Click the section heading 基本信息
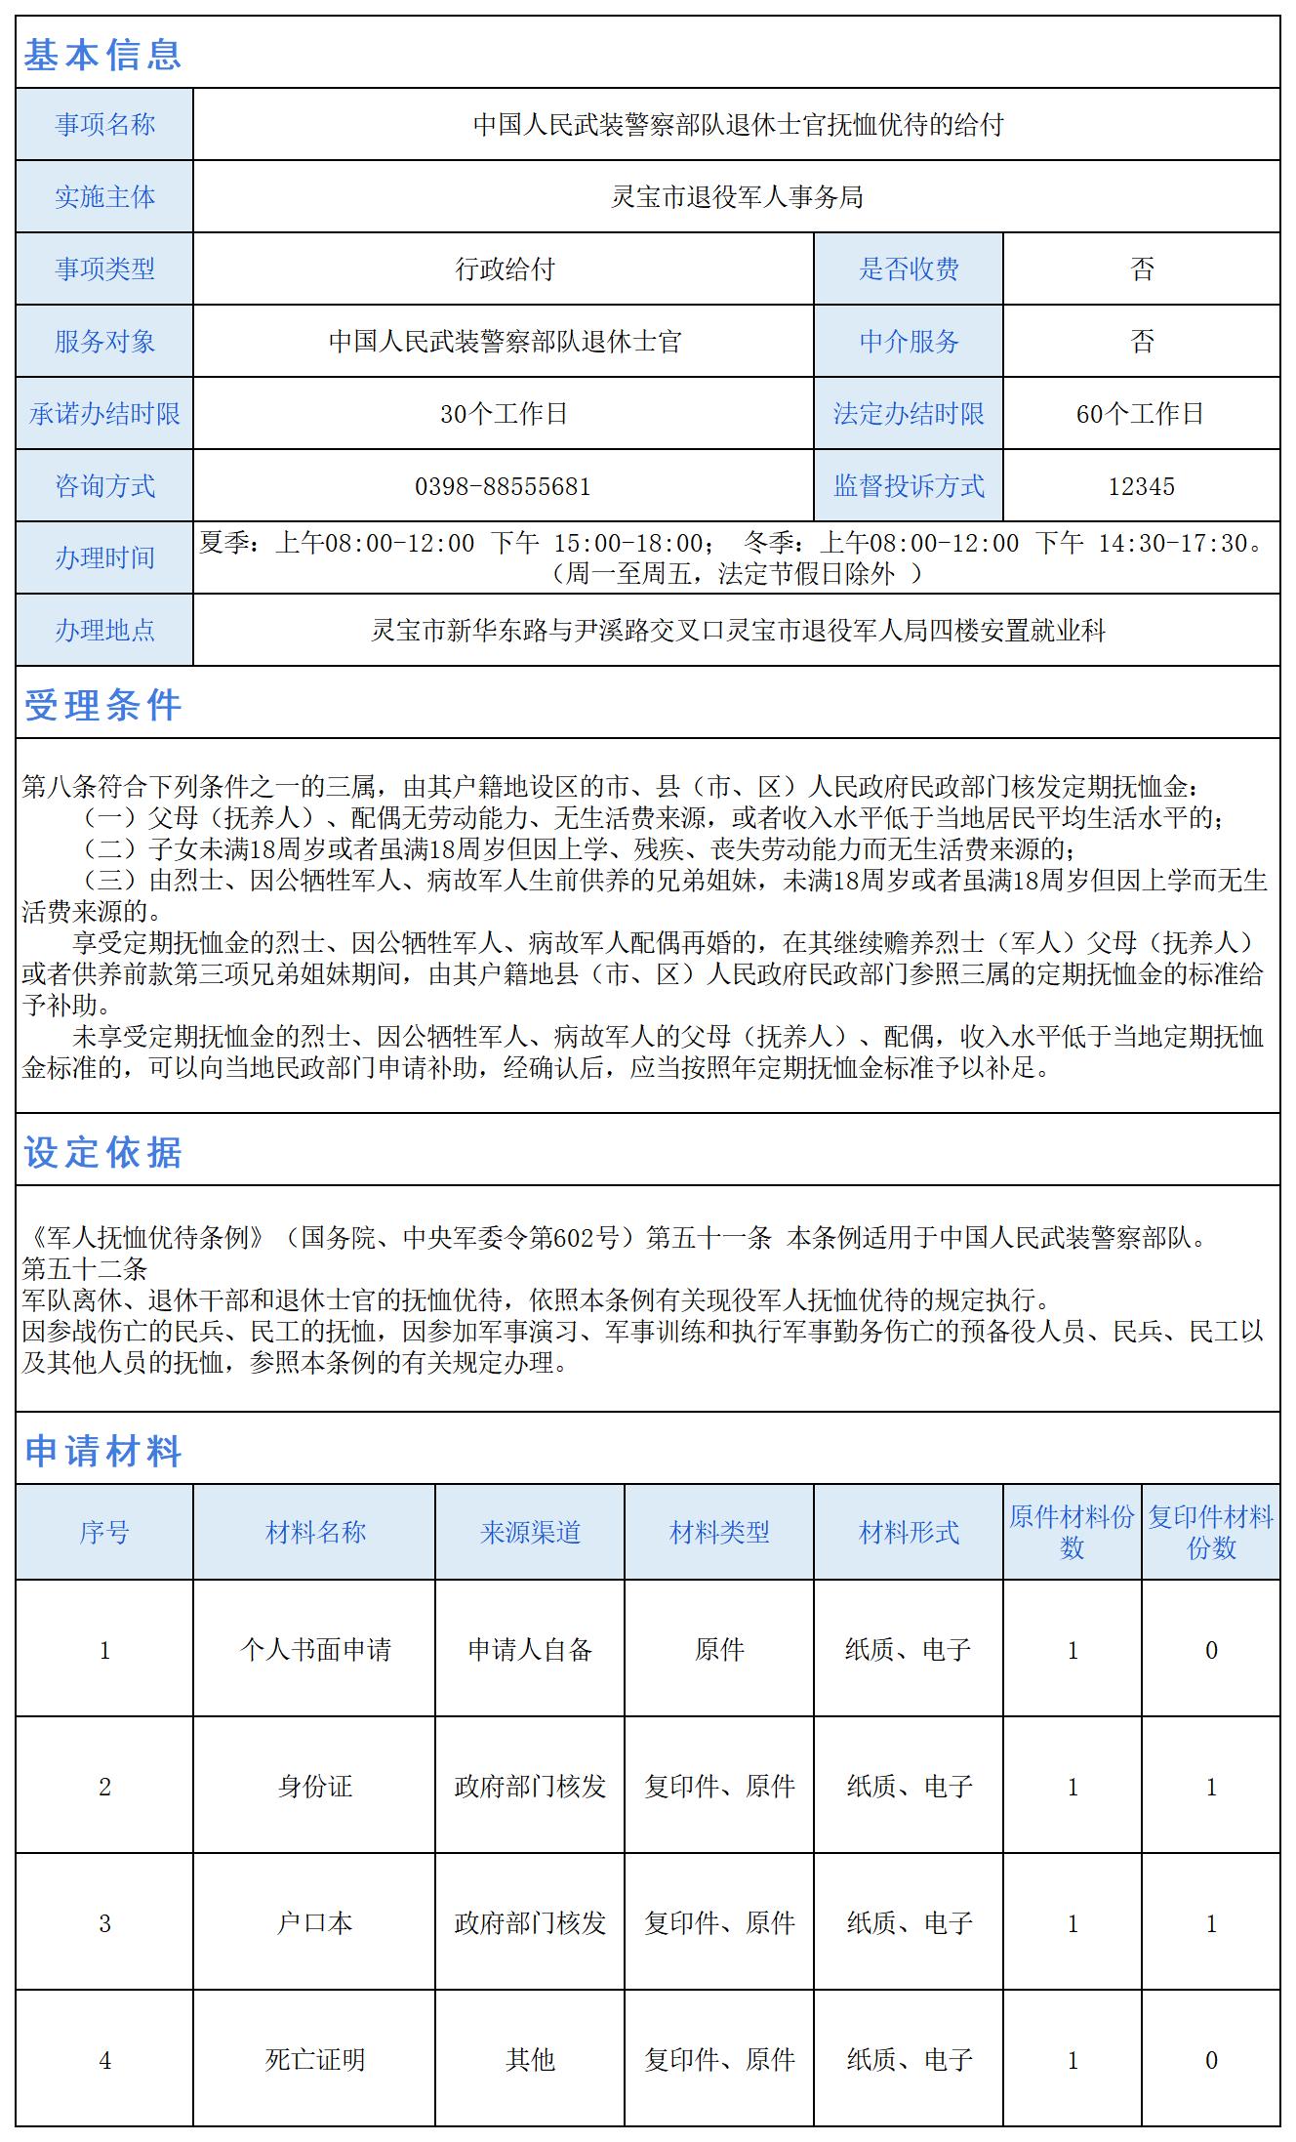[102, 55]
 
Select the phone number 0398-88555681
[503, 486]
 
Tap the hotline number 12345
[1141, 486]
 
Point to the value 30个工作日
[504, 414]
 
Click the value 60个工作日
[1140, 414]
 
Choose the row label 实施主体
[104, 197]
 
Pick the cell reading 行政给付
[504, 269]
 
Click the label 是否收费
[909, 269]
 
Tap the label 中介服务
[909, 342]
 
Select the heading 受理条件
[102, 705]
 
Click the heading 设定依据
[102, 1152]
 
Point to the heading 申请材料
[102, 1451]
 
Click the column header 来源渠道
[530, 1532]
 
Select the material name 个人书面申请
[314, 1650]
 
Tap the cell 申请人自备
[530, 1650]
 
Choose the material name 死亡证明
[314, 2060]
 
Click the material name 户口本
[314, 1923]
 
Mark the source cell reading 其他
[530, 2060]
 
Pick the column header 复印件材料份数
[1210, 1532]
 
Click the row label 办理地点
[104, 631]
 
